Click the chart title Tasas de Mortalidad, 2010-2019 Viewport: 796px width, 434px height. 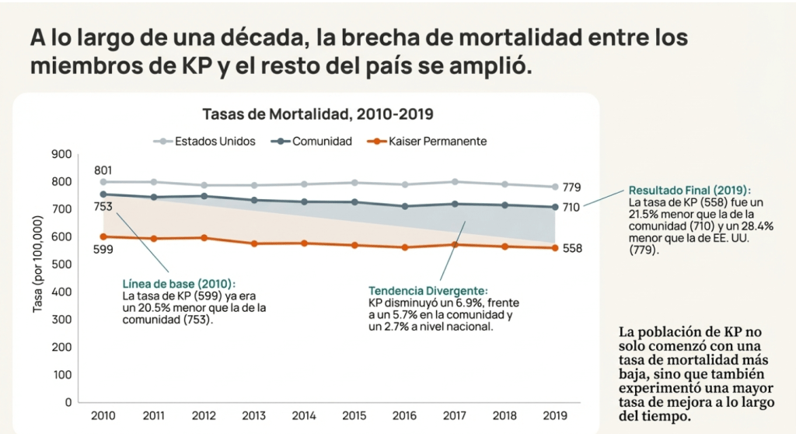[x=317, y=114]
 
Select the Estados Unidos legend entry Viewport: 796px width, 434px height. [x=199, y=142]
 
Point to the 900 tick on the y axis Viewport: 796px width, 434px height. [x=62, y=154]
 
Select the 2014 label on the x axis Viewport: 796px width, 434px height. [x=304, y=416]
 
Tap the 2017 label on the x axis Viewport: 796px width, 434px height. [x=454, y=416]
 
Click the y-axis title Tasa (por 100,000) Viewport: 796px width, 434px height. [x=37, y=264]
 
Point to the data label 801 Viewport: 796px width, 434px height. [x=104, y=170]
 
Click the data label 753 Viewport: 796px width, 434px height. [x=104, y=207]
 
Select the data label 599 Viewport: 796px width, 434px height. [x=104, y=250]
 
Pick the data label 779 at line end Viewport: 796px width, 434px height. [x=572, y=187]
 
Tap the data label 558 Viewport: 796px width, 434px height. [x=572, y=248]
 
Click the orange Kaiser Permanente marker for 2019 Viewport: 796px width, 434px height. [x=554, y=248]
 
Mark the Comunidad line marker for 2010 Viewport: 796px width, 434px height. [x=103, y=194]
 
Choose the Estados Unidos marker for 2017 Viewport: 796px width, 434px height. [x=454, y=181]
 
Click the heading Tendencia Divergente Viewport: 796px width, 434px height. [x=428, y=289]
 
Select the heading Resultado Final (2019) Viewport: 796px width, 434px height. [x=690, y=190]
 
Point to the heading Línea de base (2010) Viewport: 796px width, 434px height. [x=179, y=284]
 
